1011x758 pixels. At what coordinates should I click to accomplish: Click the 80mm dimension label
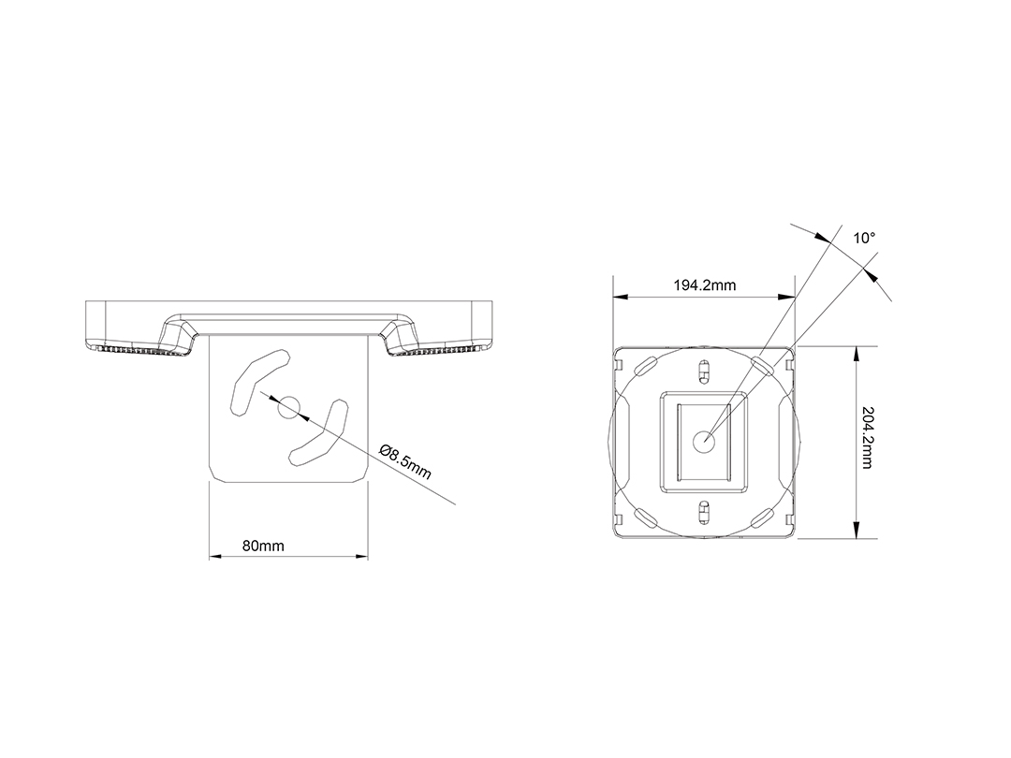(x=263, y=546)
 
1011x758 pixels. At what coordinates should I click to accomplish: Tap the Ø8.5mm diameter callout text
(x=405, y=460)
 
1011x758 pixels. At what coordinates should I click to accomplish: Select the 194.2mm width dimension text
(x=705, y=284)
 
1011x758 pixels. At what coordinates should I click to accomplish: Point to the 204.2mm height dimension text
(x=867, y=438)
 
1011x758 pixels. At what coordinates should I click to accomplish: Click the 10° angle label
(x=865, y=238)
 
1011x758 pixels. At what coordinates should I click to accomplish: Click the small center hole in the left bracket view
(x=288, y=407)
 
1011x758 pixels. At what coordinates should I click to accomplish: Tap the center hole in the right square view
(x=703, y=442)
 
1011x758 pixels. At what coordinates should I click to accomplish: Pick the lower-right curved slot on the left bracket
(x=320, y=435)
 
